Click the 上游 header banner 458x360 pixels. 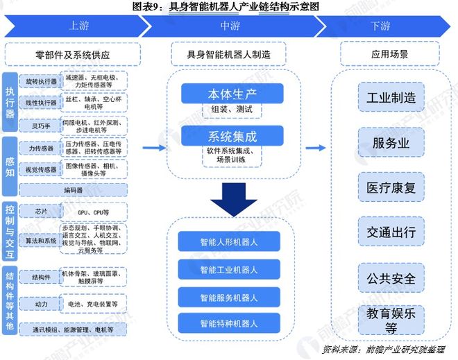(76, 26)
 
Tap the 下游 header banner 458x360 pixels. (380, 26)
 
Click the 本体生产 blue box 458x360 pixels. (232, 94)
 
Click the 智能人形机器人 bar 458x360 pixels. (228, 243)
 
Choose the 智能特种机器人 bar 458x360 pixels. (228, 323)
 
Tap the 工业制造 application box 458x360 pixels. (391, 98)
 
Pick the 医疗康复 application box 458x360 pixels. (391, 188)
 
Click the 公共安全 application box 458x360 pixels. (391, 278)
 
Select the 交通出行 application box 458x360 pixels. (391, 232)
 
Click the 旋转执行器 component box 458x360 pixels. (37, 82)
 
